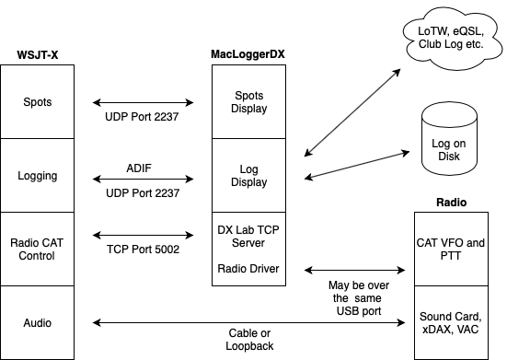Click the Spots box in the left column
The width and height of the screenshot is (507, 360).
pos(37,101)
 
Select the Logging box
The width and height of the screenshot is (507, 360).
pos(37,175)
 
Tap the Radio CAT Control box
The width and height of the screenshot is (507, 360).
pos(37,249)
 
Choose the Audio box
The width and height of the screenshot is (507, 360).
pos(37,322)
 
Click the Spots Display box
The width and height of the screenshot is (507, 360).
pos(248,101)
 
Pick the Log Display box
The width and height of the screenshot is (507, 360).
pos(248,175)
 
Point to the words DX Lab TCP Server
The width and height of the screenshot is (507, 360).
pos(248,236)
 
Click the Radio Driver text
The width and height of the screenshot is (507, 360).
pos(248,269)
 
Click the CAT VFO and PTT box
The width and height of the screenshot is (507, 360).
pos(451,249)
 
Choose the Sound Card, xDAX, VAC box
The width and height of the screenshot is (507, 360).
pos(451,322)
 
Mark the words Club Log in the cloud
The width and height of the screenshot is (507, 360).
pos(436,46)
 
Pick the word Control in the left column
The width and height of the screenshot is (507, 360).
pos(37,255)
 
